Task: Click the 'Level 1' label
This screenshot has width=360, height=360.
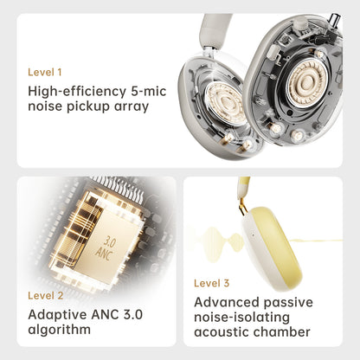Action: (45, 72)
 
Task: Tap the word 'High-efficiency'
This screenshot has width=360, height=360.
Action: (77, 92)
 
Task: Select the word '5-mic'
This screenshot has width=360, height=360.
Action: (149, 91)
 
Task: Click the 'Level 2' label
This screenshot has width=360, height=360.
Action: (46, 296)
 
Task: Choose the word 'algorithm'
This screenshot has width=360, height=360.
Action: (60, 330)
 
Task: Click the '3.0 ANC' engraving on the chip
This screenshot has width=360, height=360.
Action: (106, 247)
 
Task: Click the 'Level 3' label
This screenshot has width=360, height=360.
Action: (212, 283)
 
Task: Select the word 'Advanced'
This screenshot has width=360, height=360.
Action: (227, 302)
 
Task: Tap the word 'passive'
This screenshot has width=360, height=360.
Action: (288, 303)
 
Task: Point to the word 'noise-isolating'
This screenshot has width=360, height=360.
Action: (241, 318)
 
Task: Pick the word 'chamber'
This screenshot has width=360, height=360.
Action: (282, 332)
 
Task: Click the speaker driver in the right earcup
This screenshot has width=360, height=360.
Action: (308, 83)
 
